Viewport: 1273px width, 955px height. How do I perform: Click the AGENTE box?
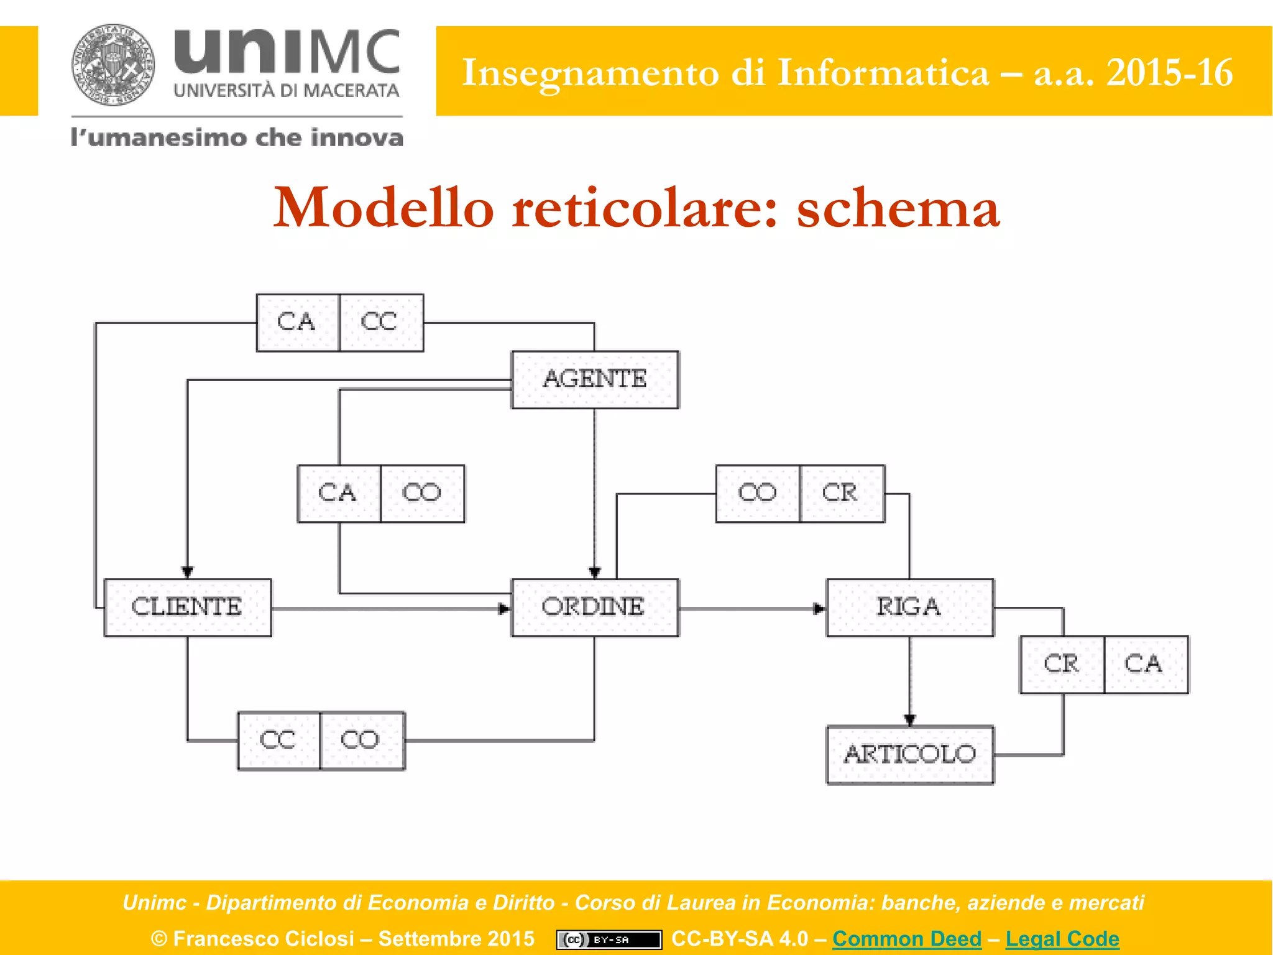click(x=595, y=379)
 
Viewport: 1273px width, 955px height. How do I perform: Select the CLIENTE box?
click(x=187, y=607)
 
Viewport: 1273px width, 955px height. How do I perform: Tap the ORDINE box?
click(x=594, y=607)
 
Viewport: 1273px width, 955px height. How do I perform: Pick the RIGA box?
click(x=909, y=607)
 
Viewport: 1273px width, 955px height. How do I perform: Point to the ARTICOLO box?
click(x=909, y=755)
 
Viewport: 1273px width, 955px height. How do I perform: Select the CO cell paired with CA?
click(x=422, y=494)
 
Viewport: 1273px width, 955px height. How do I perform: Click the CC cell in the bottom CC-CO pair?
click(x=278, y=740)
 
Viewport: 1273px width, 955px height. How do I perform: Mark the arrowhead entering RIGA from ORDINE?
click(x=820, y=609)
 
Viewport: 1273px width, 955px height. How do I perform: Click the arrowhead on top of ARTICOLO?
click(x=910, y=720)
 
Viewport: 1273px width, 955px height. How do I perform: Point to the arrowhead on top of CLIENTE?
click(x=187, y=572)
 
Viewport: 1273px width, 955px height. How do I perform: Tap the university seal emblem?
click(x=113, y=65)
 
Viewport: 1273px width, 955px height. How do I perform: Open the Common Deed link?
click(x=906, y=938)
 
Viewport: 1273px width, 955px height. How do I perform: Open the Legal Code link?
click(x=1062, y=938)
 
